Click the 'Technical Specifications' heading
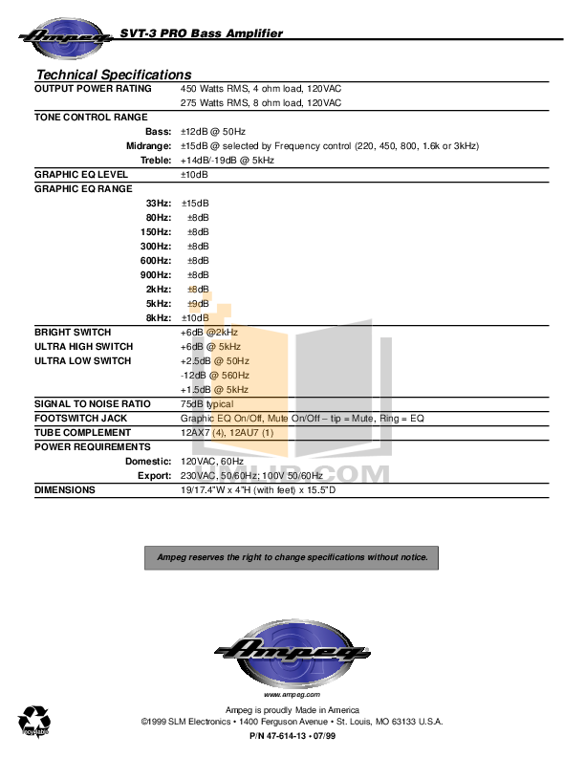[x=114, y=75]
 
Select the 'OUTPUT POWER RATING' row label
[x=93, y=88]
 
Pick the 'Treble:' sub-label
[x=155, y=160]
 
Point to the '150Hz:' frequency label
[x=156, y=231]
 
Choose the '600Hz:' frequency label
[x=156, y=260]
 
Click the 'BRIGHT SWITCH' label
[x=73, y=332]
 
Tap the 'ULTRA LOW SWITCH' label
[x=82, y=360]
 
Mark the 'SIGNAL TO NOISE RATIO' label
[x=93, y=403]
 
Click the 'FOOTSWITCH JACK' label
[x=81, y=418]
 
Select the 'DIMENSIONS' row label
[x=64, y=489]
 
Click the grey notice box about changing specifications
[x=292, y=557]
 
